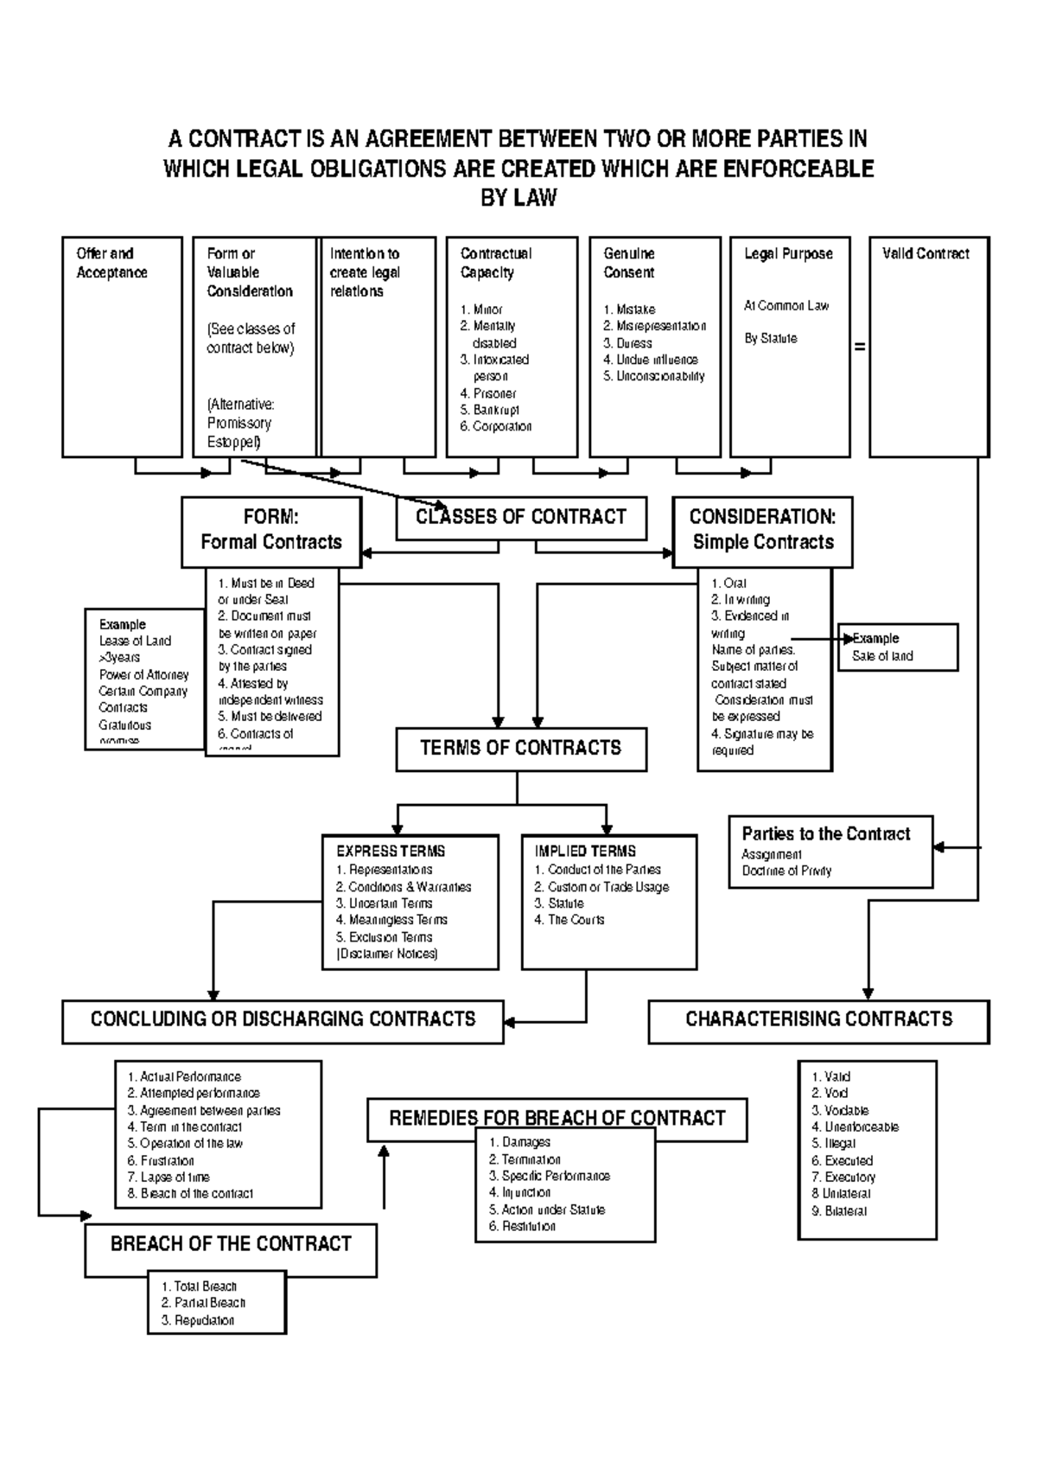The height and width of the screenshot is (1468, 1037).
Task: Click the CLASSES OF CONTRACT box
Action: (521, 517)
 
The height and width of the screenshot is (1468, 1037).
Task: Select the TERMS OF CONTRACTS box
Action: (521, 748)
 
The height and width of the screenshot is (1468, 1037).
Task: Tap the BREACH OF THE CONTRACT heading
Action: (231, 1244)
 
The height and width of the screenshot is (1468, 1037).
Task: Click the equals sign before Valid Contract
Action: (859, 347)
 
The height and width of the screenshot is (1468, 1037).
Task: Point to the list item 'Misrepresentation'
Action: (660, 326)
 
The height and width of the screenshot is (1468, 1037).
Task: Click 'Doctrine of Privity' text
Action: (786, 871)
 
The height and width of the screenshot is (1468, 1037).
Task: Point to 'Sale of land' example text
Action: (882, 656)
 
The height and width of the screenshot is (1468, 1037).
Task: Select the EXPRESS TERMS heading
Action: (391, 851)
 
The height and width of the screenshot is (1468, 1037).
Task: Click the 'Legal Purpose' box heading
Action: (788, 253)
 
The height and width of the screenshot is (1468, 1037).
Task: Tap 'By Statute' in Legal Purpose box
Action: (771, 338)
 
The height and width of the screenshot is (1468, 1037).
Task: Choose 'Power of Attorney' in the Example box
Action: (143, 674)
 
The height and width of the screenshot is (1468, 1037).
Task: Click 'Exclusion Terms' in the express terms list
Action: (390, 937)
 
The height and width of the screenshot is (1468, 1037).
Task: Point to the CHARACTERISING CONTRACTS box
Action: (818, 1019)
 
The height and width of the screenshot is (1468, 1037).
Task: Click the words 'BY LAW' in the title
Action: (518, 198)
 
